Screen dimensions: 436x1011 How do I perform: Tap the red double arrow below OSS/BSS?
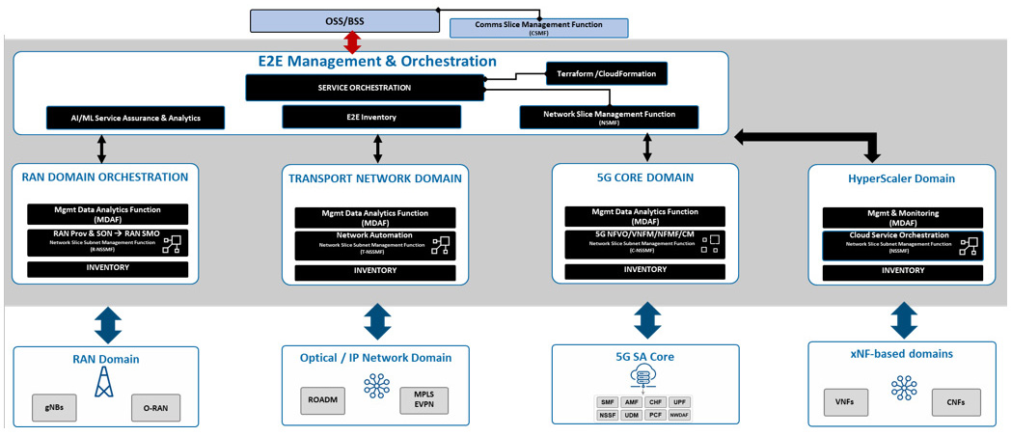tap(353, 41)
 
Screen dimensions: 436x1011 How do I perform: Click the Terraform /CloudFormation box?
tap(607, 73)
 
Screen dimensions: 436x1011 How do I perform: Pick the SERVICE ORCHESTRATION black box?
tap(364, 88)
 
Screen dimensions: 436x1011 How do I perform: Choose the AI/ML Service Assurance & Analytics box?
tap(135, 118)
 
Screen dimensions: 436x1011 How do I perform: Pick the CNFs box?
tap(956, 400)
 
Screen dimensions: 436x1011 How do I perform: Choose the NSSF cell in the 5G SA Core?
tap(608, 415)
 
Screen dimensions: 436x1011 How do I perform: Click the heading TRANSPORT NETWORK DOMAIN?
tap(375, 177)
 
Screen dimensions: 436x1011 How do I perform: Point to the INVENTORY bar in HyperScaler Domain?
tap(903, 271)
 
